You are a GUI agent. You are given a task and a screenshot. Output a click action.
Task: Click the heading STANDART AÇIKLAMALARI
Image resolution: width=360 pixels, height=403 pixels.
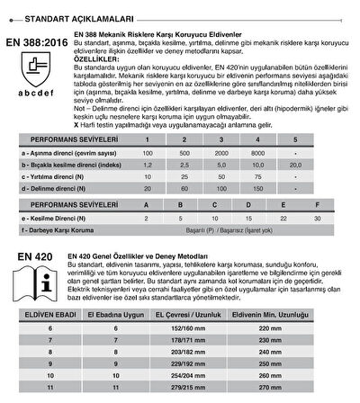(67, 16)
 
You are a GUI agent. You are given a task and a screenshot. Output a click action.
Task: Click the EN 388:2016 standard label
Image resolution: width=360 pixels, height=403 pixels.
(36, 40)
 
